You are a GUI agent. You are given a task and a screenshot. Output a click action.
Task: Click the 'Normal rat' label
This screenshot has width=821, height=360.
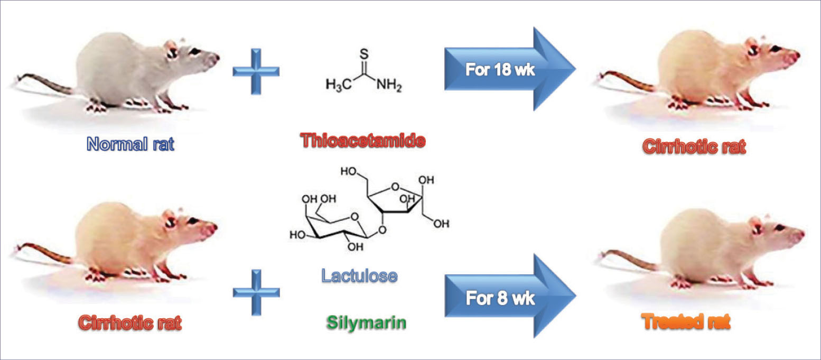click(130, 144)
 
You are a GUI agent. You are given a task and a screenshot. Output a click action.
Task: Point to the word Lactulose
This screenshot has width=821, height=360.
click(359, 275)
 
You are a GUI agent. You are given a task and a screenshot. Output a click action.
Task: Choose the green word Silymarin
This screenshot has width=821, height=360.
click(365, 322)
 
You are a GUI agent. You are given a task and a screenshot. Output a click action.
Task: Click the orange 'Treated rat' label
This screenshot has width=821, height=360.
click(686, 321)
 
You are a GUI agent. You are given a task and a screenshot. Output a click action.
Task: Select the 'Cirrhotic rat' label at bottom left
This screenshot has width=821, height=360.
click(130, 322)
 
